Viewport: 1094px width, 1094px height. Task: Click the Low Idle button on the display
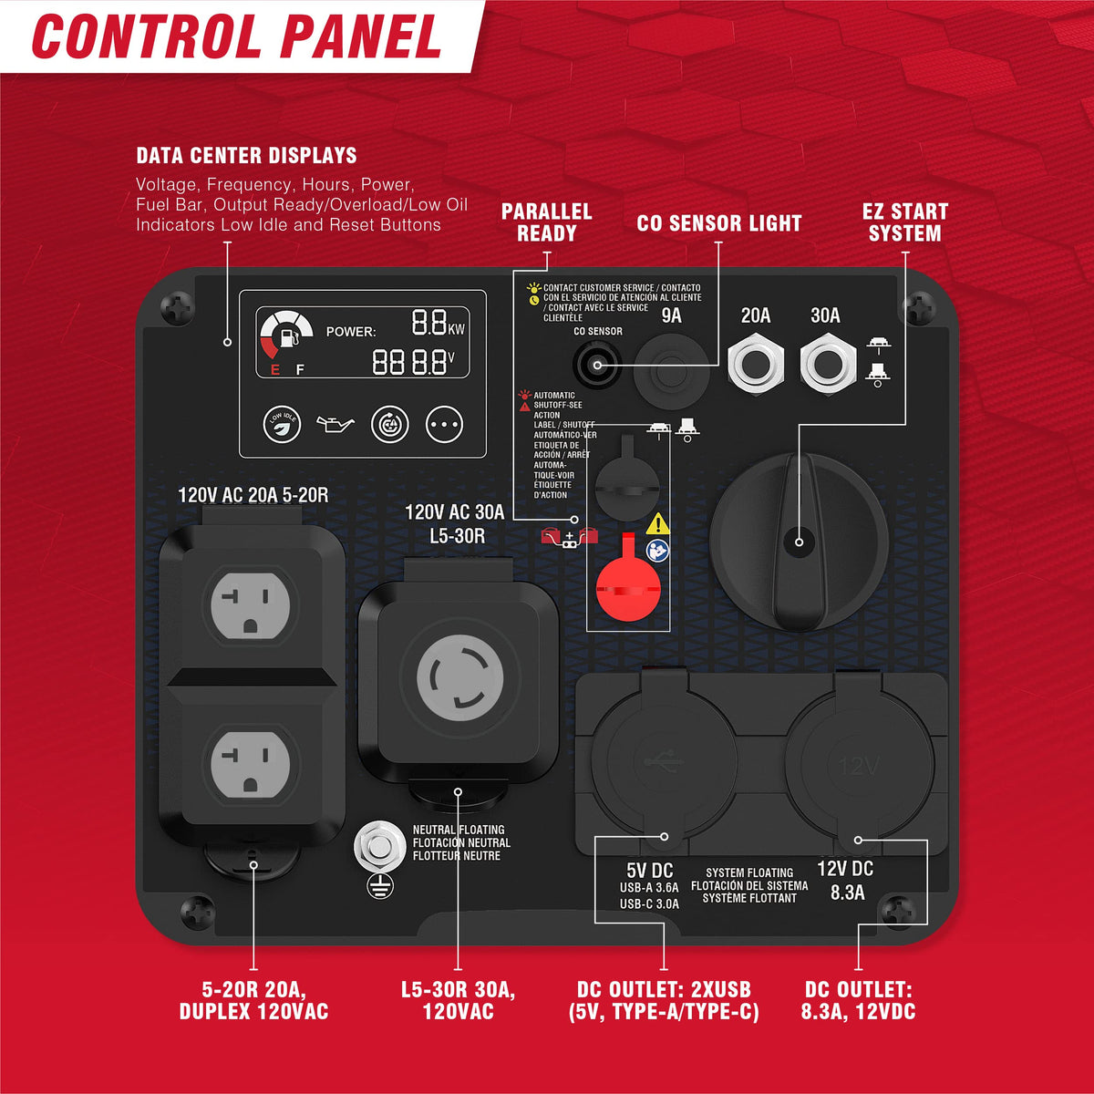click(282, 424)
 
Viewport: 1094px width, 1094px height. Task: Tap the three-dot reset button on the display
click(444, 424)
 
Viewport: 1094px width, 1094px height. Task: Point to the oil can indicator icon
click(335, 424)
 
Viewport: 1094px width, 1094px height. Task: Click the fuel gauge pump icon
click(289, 336)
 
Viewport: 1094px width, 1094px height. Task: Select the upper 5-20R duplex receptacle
click(251, 605)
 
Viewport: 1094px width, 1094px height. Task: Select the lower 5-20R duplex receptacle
click(251, 764)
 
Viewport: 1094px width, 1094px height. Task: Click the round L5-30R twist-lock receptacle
click(459, 678)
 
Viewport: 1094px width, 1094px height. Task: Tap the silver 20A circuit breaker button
click(756, 364)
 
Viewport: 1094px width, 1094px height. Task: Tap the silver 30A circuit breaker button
click(828, 364)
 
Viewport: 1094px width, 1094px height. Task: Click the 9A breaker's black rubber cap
click(671, 371)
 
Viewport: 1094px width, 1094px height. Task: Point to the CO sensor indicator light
click(596, 365)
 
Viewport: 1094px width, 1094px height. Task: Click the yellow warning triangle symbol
click(657, 524)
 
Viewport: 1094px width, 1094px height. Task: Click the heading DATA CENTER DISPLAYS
click(246, 156)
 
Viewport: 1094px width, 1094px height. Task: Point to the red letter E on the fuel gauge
click(275, 370)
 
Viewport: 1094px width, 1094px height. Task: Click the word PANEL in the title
click(361, 36)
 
